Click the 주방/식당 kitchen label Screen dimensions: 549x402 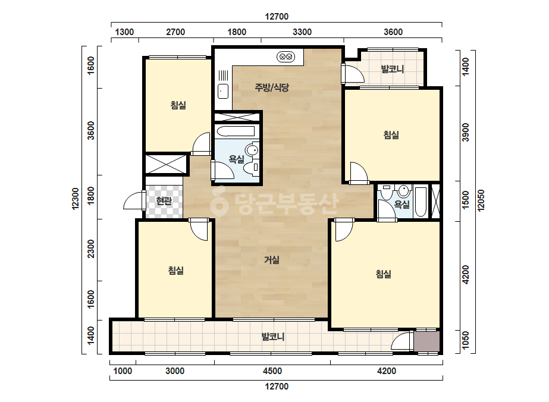click(272, 87)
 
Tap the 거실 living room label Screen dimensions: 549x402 click(272, 260)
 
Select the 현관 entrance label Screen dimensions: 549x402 click(164, 201)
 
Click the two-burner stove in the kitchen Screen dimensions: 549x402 click(285, 56)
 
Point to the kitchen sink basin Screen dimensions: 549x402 click(223, 92)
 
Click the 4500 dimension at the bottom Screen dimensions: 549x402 click(272, 371)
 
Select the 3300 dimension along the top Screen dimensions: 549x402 click(302, 32)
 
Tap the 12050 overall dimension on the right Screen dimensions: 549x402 click(481, 200)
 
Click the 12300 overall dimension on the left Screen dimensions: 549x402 click(76, 199)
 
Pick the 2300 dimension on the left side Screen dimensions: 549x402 click(90, 249)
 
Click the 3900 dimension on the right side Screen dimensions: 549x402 click(465, 133)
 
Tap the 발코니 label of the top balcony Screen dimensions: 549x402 click(393, 69)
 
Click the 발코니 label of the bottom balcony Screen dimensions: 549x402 click(273, 337)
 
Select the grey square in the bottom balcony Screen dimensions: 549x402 click(426, 341)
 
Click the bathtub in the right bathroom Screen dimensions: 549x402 click(421, 202)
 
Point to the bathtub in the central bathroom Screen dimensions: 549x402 click(236, 131)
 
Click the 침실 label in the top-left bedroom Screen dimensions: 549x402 click(178, 105)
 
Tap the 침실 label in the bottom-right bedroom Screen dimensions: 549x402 click(384, 274)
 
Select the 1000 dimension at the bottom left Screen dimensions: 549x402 click(123, 371)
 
